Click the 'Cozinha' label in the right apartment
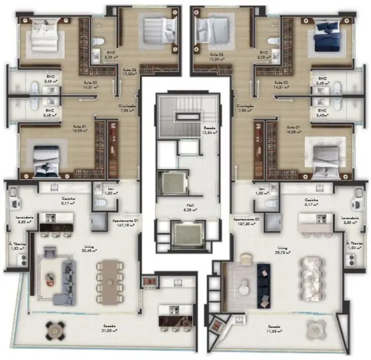tap(311, 202)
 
